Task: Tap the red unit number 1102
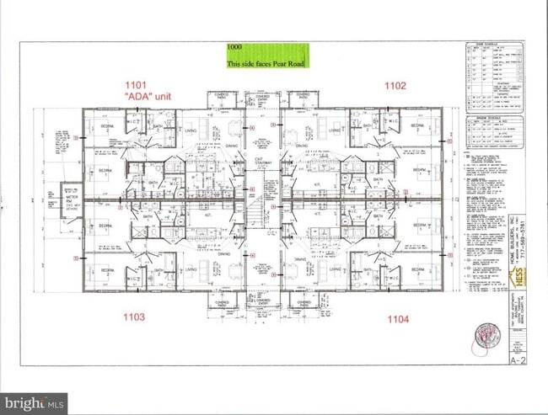click(x=395, y=85)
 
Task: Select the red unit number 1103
click(x=135, y=317)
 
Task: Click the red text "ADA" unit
click(x=150, y=98)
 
